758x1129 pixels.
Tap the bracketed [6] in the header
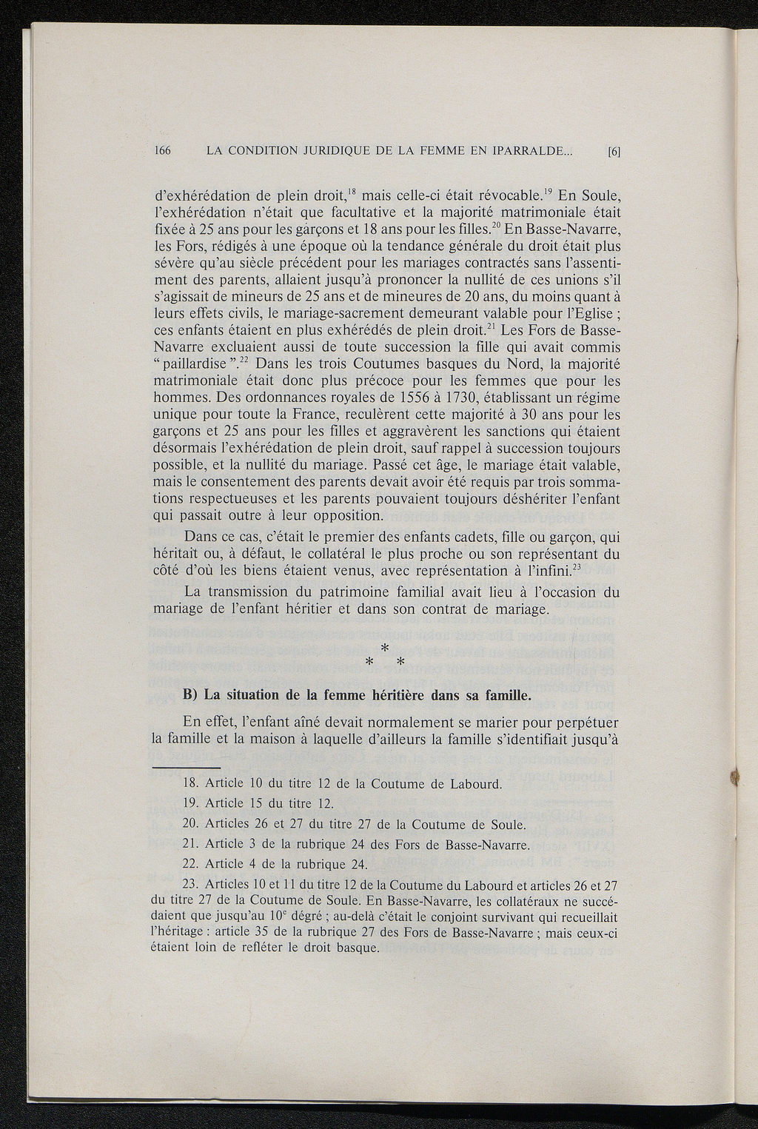coord(613,153)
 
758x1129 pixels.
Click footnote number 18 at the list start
coord(190,784)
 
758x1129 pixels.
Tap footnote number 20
coord(190,825)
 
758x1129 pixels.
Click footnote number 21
coord(190,845)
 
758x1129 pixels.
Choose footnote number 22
coord(190,864)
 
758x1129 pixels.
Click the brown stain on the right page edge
coord(735,776)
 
